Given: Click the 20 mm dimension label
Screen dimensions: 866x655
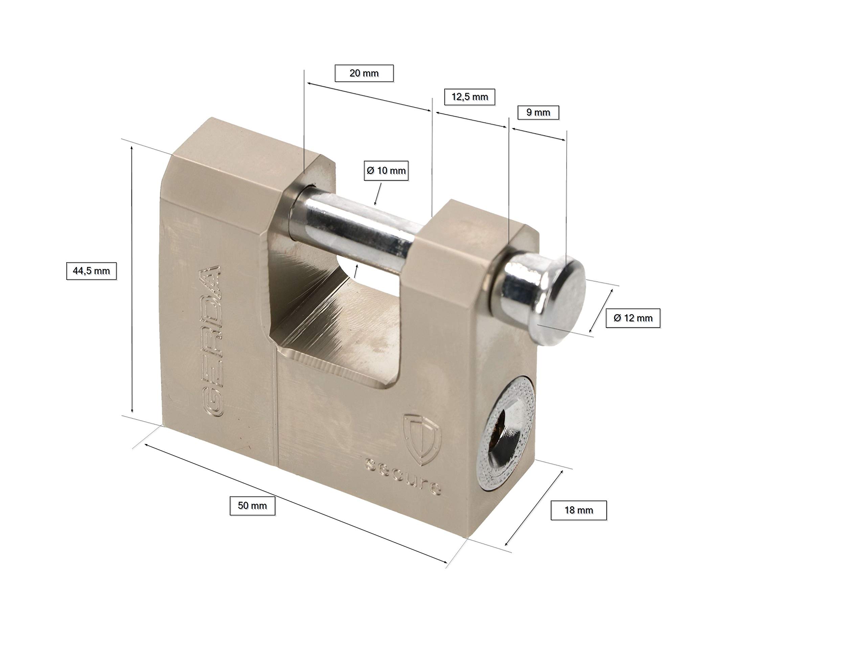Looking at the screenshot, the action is click(x=364, y=73).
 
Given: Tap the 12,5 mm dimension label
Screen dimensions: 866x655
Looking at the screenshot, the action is click(x=470, y=97).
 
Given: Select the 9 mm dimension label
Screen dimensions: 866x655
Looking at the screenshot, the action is click(x=538, y=112).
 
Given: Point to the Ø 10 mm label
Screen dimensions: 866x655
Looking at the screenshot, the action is click(x=386, y=171).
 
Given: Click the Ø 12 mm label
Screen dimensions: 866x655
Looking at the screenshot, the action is click(x=633, y=318).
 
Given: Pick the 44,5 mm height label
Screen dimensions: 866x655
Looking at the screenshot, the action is click(x=91, y=271).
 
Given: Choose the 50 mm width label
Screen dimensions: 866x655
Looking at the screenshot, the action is click(x=252, y=506).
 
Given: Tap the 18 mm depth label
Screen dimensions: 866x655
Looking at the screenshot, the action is click(x=579, y=510).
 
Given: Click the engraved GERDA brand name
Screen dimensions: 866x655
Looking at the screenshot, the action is click(x=211, y=341).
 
